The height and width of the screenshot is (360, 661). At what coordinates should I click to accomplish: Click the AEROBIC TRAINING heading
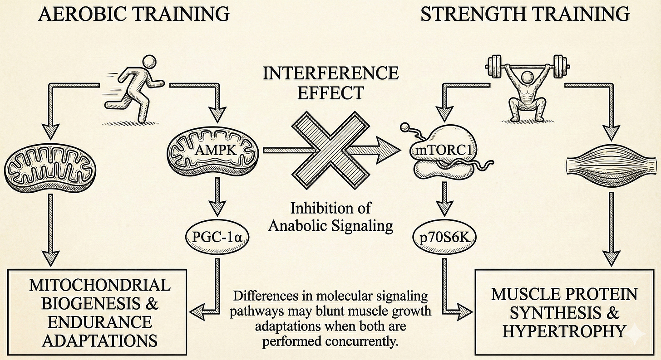click(x=134, y=15)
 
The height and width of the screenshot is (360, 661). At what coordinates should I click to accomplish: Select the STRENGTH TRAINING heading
click(x=525, y=15)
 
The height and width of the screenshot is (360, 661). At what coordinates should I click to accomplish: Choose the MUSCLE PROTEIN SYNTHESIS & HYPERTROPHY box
click(x=564, y=312)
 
